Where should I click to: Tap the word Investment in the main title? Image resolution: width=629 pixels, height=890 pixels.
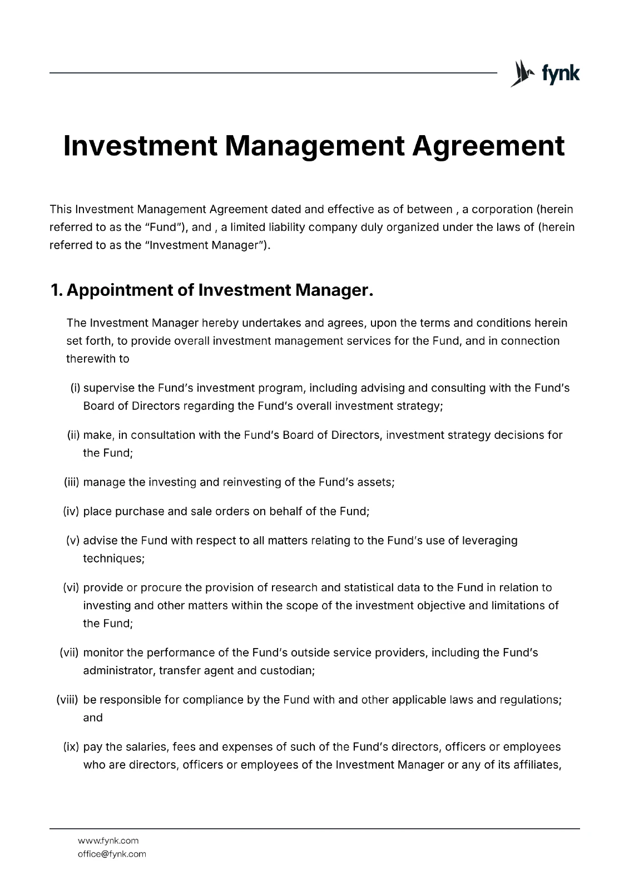pyautogui.click(x=139, y=146)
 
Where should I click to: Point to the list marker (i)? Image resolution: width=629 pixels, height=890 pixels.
pyautogui.click(x=76, y=388)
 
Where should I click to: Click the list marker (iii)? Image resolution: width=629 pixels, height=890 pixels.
pyautogui.click(x=72, y=482)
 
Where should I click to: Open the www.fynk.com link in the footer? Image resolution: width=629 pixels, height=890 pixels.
pyautogui.click(x=108, y=840)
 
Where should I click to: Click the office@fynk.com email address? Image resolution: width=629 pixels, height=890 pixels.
pyautogui.click(x=112, y=854)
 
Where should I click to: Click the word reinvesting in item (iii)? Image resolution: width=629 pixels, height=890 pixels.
pyautogui.click(x=251, y=482)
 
